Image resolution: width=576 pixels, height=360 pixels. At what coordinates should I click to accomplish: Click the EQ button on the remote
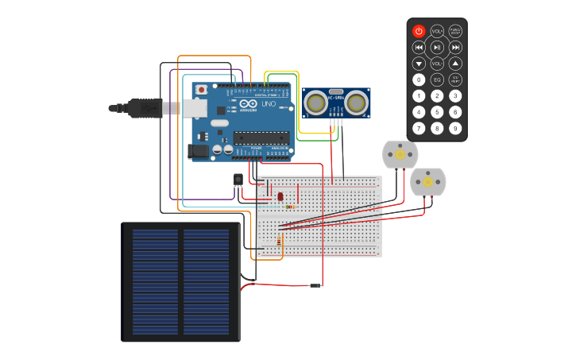437,79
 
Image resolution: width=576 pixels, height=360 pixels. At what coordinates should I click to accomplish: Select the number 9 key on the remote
455,128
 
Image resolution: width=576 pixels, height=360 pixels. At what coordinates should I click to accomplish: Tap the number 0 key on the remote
419,79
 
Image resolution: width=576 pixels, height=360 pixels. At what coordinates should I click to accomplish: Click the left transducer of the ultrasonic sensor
316,102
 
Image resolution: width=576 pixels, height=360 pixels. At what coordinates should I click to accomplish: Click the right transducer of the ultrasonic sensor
355,102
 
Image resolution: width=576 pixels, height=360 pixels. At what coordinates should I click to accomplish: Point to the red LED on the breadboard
280,196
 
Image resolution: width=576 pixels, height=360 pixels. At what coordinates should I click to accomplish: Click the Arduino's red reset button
201,90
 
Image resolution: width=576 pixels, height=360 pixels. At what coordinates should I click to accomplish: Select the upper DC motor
400,154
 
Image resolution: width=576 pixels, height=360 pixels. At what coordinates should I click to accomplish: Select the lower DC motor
427,182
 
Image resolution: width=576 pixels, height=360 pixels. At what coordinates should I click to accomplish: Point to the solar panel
181,282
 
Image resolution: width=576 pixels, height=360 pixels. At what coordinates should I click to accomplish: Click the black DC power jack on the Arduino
198,149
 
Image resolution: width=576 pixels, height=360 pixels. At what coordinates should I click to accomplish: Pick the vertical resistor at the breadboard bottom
279,241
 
